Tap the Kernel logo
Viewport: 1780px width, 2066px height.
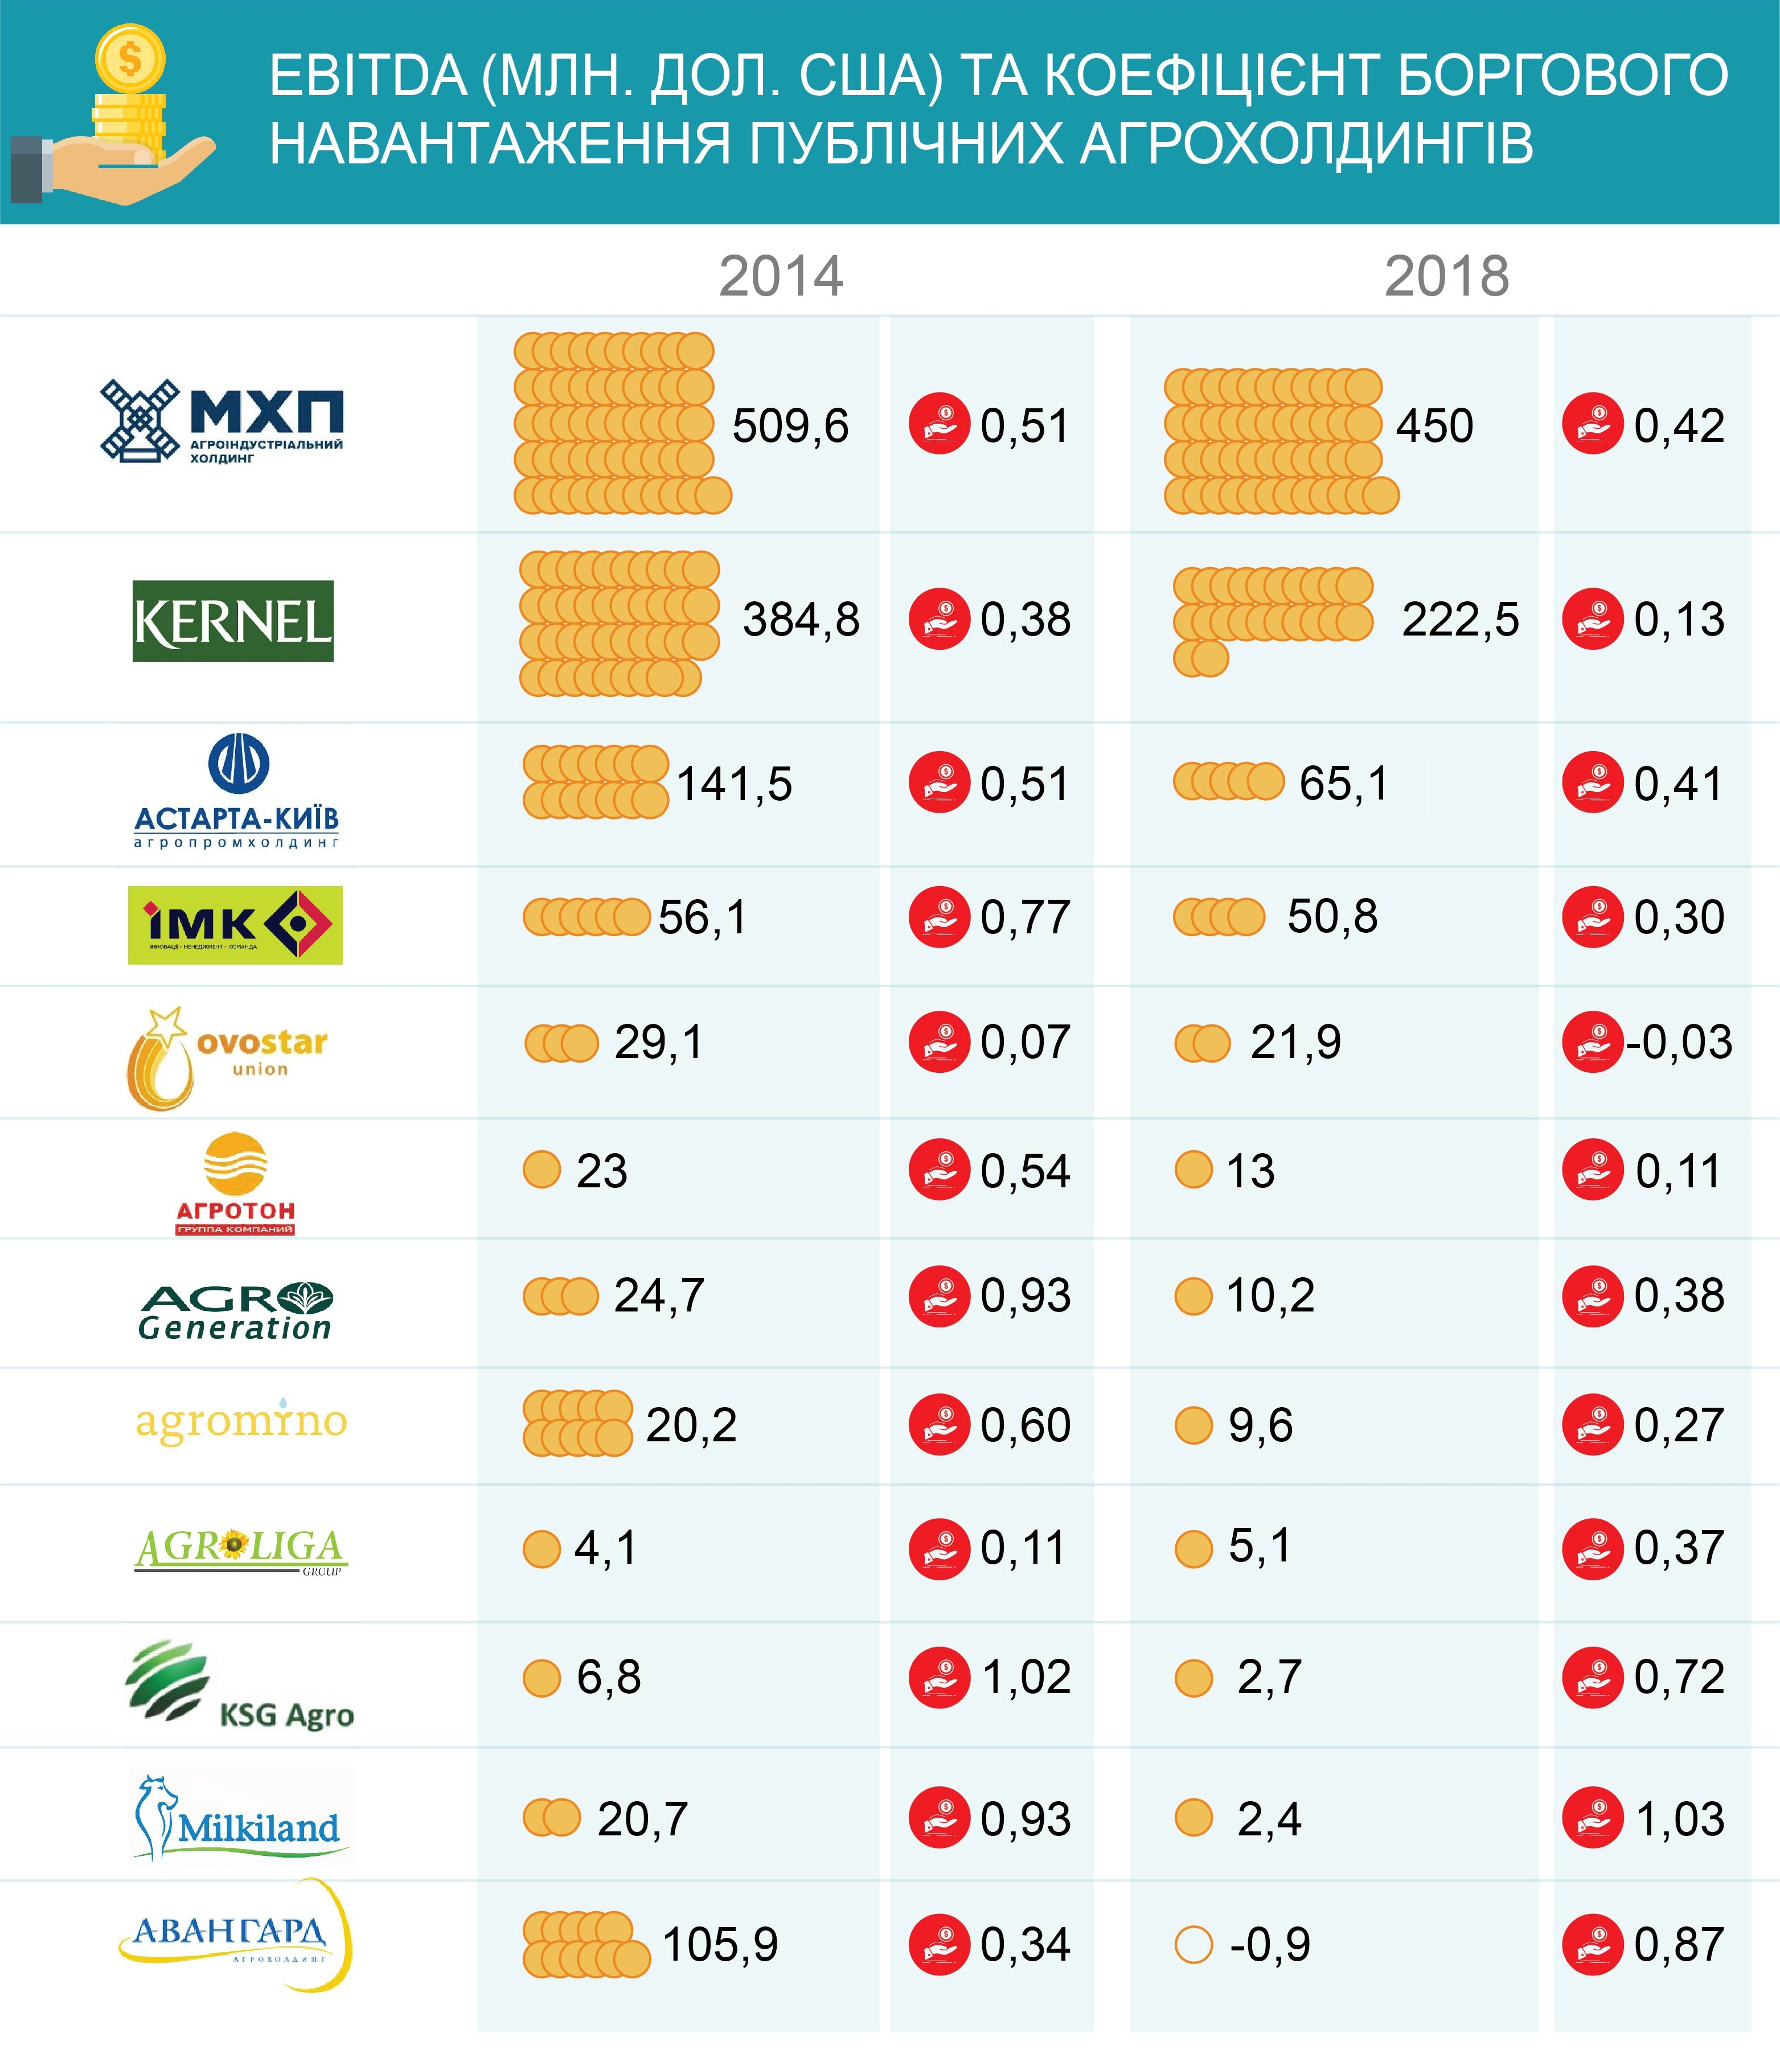(x=233, y=621)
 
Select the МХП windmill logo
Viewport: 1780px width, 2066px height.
(x=140, y=421)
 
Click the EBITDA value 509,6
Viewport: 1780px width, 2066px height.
(x=790, y=427)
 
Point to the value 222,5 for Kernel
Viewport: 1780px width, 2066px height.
(x=1460, y=620)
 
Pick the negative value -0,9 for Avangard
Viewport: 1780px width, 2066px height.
(x=1269, y=1944)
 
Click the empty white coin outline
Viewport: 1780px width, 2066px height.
(x=1193, y=1944)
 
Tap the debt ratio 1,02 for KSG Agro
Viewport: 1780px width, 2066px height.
(x=1026, y=1677)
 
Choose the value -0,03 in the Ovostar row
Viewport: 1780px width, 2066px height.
(x=1679, y=1042)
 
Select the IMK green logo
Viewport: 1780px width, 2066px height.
(x=235, y=925)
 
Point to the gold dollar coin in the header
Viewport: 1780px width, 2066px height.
(x=130, y=58)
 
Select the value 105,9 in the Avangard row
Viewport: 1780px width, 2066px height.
(x=720, y=1944)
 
